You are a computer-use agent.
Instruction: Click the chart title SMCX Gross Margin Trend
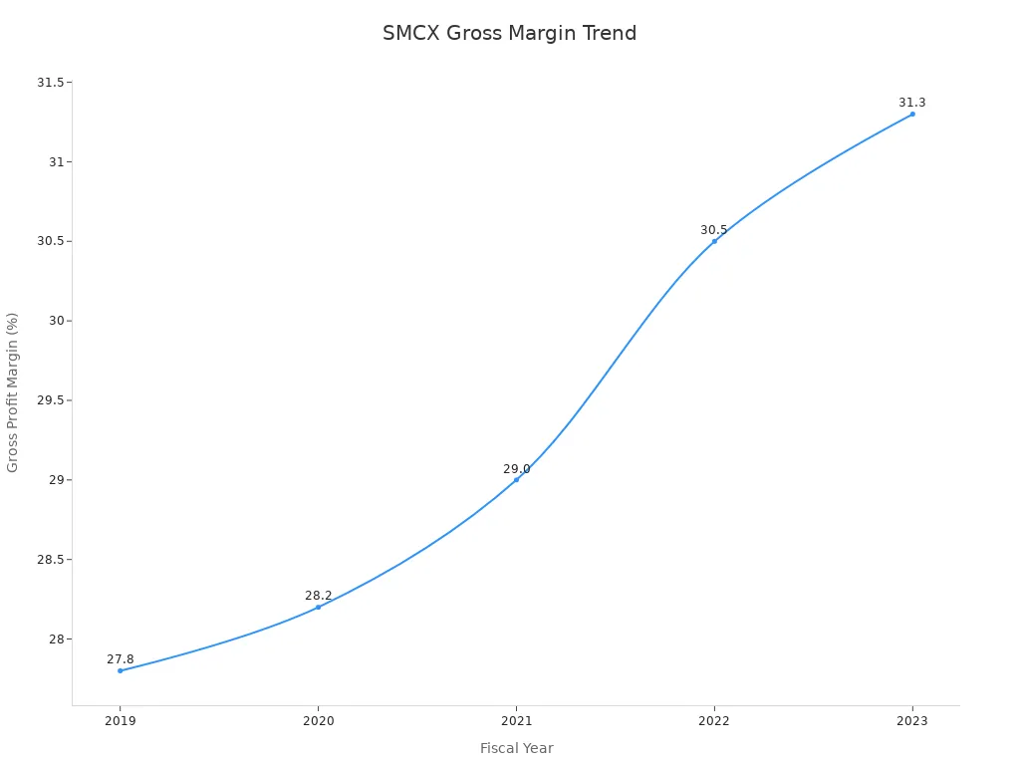click(x=509, y=33)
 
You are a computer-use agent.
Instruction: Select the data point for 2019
click(x=121, y=670)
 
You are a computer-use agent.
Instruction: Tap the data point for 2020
click(x=319, y=607)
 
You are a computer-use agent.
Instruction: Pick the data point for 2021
click(x=516, y=479)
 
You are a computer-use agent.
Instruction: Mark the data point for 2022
click(x=714, y=241)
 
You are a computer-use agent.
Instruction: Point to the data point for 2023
click(x=912, y=114)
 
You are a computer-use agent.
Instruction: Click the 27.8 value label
click(x=121, y=659)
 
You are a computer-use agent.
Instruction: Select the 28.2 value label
click(x=319, y=596)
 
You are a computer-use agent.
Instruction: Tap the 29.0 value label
click(x=516, y=469)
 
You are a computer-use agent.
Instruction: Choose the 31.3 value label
click(x=912, y=103)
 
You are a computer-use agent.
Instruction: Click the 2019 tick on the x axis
click(x=121, y=721)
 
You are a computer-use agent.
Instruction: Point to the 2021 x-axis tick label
click(x=516, y=721)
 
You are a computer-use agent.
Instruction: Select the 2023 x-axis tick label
click(x=912, y=721)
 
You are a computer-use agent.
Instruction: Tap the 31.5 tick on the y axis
click(x=50, y=83)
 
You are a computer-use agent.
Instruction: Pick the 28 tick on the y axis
click(x=56, y=639)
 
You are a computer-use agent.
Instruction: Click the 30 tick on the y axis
click(x=56, y=321)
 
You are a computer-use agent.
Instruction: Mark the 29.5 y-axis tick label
click(x=50, y=400)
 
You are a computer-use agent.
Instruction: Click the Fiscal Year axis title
click(x=516, y=748)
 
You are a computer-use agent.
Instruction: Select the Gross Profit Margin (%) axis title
click(x=13, y=392)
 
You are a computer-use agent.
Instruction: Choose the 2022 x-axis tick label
click(x=714, y=721)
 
